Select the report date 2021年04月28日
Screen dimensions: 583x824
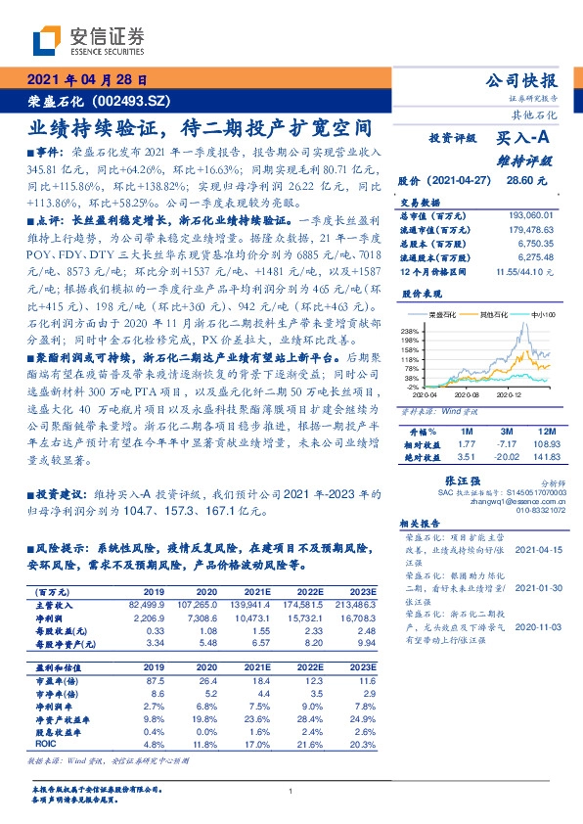pyautogui.click(x=86, y=81)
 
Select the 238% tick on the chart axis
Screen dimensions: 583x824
pyautogui.click(x=409, y=331)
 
